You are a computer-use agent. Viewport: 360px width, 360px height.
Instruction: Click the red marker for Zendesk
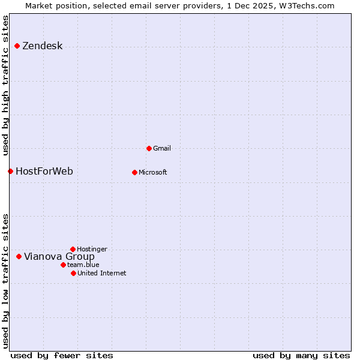(17, 46)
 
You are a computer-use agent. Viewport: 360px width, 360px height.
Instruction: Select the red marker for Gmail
(149, 148)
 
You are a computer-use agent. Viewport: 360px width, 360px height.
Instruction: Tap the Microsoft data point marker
(134, 172)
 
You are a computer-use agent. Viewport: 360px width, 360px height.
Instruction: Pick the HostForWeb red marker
(10, 172)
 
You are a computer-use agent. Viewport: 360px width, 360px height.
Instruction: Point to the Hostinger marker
(73, 249)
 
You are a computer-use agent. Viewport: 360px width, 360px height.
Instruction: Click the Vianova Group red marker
(19, 257)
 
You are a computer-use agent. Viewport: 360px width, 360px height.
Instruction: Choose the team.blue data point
(63, 265)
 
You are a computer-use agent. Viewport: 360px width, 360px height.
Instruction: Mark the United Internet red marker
(73, 273)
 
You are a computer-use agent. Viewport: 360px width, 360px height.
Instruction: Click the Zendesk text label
(42, 46)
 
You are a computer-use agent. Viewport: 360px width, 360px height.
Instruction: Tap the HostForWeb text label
(44, 172)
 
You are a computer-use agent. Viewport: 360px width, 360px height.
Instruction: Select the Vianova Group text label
(59, 257)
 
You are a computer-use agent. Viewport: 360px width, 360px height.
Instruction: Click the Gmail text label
(162, 148)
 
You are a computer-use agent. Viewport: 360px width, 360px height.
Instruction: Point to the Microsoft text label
(153, 172)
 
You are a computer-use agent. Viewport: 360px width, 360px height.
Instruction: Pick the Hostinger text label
(92, 249)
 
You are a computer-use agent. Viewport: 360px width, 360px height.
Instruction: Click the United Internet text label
(101, 273)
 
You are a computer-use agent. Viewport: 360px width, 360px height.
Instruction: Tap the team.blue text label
(83, 265)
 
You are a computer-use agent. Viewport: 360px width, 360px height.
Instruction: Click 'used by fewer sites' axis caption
(62, 355)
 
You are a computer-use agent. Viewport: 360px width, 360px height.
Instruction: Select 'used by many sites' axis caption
(301, 355)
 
